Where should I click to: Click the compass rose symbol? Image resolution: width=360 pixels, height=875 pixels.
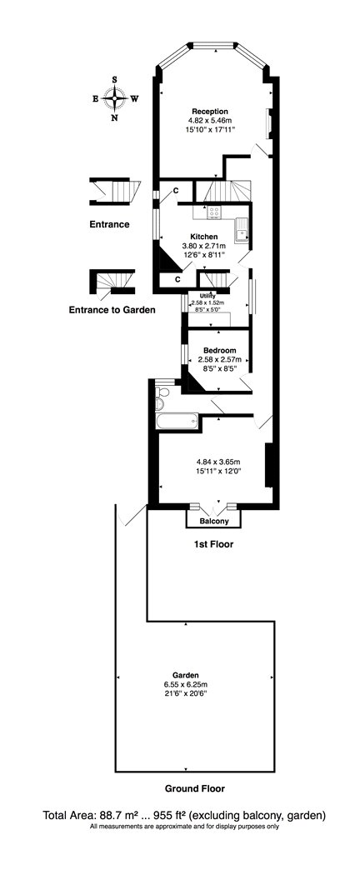point(115,98)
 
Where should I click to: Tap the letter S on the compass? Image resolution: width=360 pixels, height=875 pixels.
point(115,79)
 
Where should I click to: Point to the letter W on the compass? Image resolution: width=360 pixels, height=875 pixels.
point(134,99)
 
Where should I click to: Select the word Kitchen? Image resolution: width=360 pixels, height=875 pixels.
point(203,237)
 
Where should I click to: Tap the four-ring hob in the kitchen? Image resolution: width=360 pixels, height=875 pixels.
point(214,212)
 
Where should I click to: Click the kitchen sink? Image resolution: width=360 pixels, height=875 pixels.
point(242,230)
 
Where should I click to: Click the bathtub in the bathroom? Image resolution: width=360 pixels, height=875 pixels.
point(177,422)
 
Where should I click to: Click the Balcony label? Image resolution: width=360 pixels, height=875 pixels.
point(214,522)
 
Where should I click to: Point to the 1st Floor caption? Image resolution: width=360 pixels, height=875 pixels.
point(214,544)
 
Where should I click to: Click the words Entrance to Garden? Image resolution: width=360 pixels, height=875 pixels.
point(112,310)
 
